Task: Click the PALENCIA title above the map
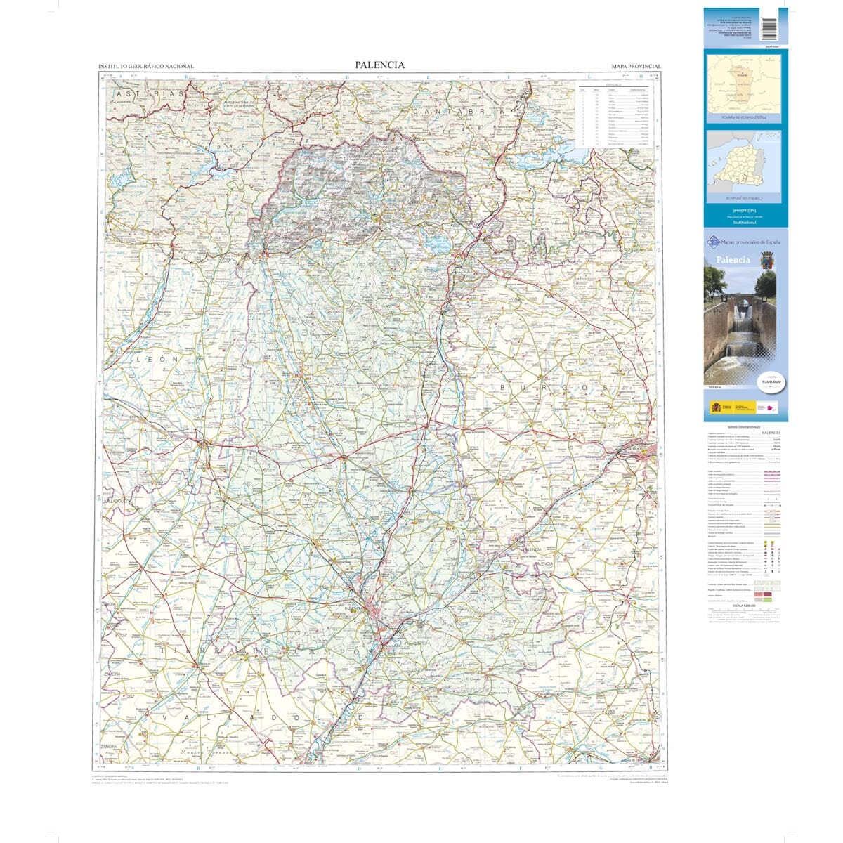point(379,65)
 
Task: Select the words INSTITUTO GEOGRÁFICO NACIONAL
point(146,67)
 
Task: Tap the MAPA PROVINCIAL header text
point(636,67)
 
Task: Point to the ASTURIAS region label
point(150,93)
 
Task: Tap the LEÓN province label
point(158,359)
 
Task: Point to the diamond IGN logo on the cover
point(712,243)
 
